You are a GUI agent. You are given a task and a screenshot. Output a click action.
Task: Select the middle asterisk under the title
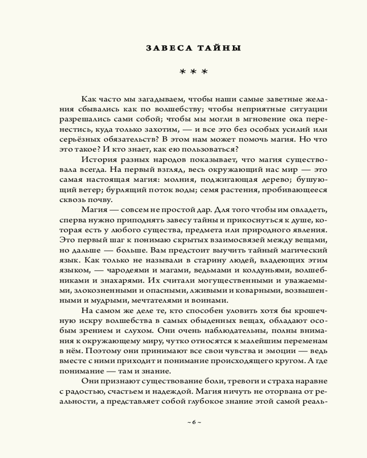(194, 72)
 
